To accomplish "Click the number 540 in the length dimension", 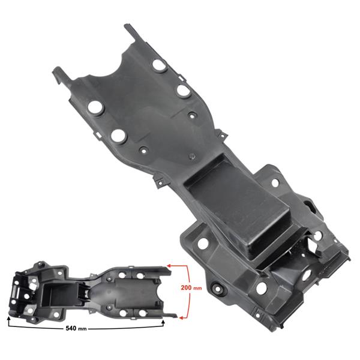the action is click(71, 328).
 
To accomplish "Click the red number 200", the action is click(186, 287).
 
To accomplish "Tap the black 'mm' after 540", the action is click(82, 329).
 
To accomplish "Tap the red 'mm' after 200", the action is click(197, 288).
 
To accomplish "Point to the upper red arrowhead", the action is click(169, 266).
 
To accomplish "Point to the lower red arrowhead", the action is click(181, 318).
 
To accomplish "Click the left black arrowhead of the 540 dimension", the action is click(9, 319).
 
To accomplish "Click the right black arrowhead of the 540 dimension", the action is click(163, 322).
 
